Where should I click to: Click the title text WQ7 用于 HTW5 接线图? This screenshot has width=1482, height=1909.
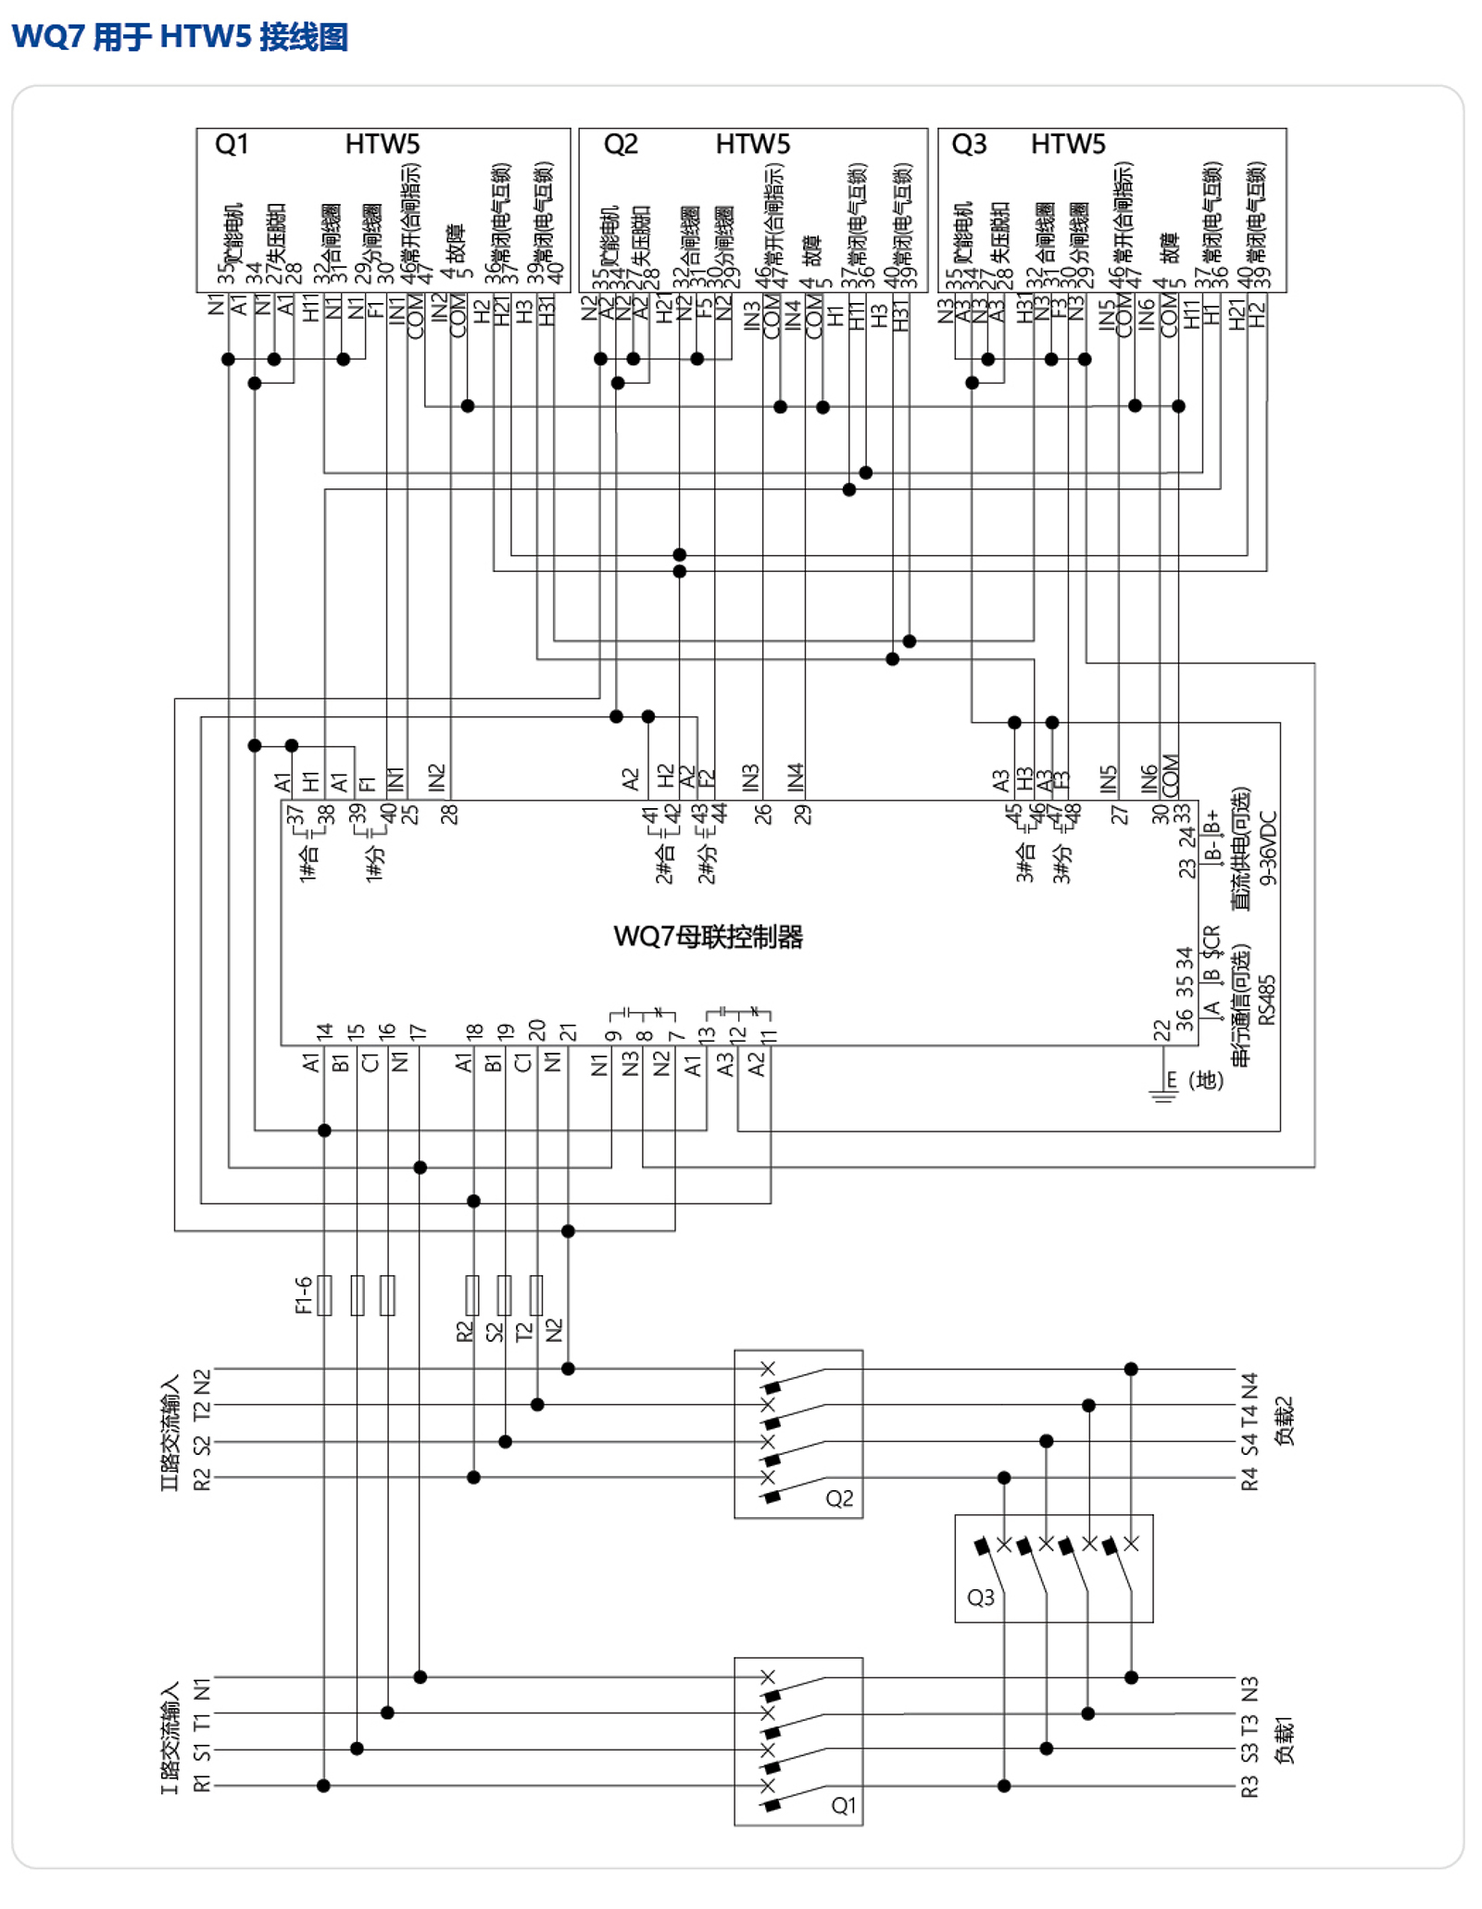pos(180,37)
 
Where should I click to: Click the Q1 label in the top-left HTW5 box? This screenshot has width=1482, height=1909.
pos(232,145)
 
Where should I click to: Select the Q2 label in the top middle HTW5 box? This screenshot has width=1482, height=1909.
pos(621,145)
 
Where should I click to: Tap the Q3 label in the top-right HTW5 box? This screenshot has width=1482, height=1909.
pos(969,145)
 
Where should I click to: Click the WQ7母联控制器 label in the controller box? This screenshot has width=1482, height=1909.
pos(708,937)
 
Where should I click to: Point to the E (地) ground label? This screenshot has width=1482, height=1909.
pos(1196,1080)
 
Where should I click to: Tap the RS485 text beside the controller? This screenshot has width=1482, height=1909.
pos(1267,1000)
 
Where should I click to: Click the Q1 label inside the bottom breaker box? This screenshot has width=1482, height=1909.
pos(843,1805)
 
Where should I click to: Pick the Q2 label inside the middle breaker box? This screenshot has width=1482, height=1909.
pos(839,1498)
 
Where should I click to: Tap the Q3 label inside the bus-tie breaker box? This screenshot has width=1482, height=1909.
pos(980,1598)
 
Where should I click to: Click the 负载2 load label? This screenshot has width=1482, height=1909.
pos(1284,1421)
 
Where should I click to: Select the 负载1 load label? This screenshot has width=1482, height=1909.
pos(1284,1742)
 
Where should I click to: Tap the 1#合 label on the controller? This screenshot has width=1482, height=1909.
pos(308,862)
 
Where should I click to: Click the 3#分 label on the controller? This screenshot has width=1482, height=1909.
pos(1061,863)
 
